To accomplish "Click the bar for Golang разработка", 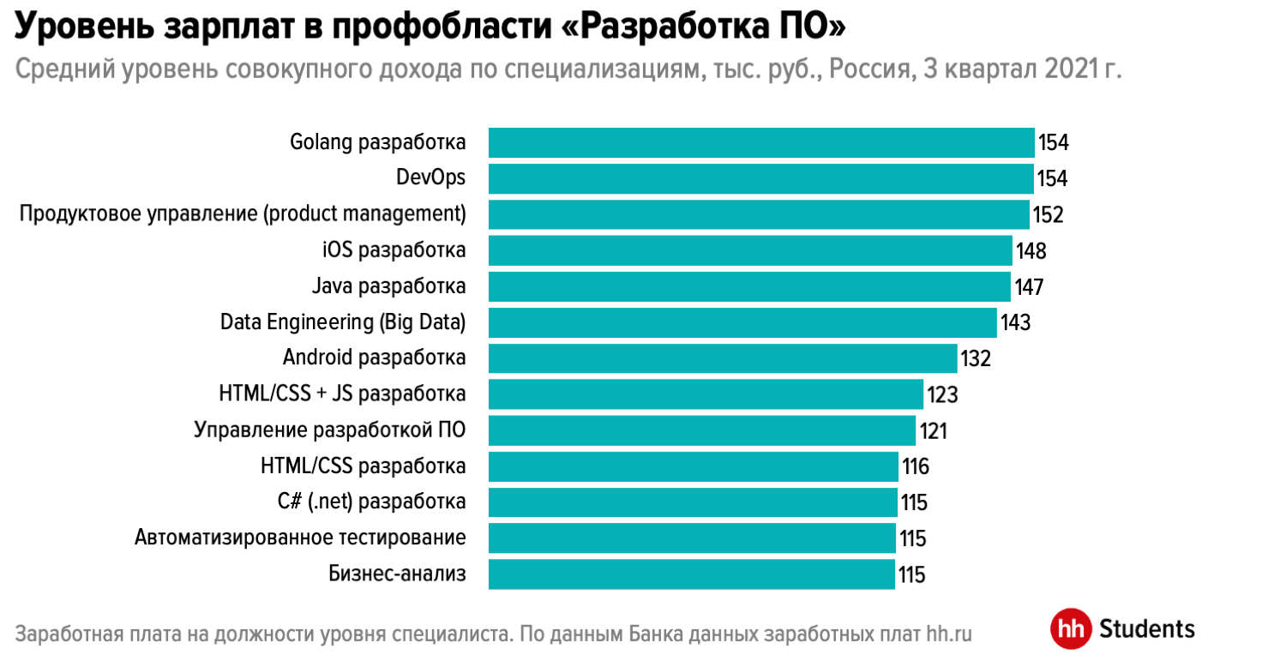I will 761,142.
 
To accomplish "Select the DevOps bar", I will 760,178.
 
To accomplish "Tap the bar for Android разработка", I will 723,358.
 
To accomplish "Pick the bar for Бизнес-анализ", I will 692,574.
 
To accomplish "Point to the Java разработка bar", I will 749,286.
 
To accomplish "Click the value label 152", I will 1048,214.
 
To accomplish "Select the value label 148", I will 1031,250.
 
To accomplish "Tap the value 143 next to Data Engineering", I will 1015,322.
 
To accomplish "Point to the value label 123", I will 941,394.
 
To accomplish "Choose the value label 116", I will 916,466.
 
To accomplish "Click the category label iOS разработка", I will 394,250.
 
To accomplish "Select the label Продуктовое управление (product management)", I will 243,214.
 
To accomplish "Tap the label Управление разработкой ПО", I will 330,430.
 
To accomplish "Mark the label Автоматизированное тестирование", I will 300,538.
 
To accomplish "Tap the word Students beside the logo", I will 1146,628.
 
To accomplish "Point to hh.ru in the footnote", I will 949,635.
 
